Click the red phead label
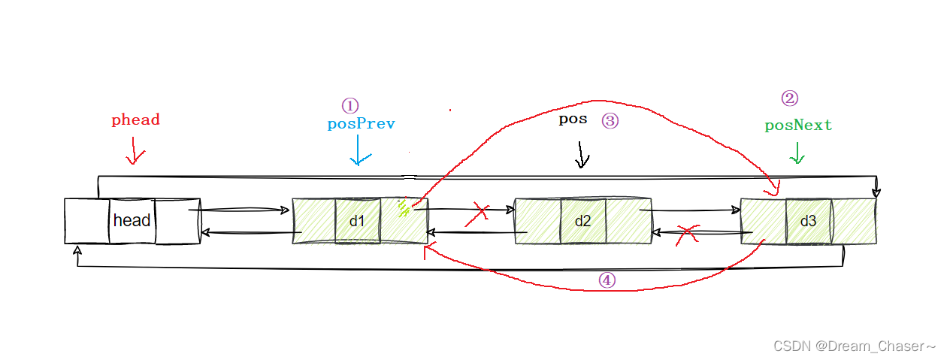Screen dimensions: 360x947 (135, 119)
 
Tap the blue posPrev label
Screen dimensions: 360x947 (361, 124)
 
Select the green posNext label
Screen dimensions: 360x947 (798, 126)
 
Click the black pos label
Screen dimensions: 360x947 (573, 119)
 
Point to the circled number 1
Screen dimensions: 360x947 (350, 105)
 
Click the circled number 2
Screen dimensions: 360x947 (789, 98)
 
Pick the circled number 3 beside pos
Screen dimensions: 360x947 (610, 120)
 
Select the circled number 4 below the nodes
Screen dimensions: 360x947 (607, 280)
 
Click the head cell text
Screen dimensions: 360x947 (132, 221)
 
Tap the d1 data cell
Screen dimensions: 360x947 (357, 221)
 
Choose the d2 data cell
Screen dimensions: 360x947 (582, 221)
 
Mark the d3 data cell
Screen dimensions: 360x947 (808, 221)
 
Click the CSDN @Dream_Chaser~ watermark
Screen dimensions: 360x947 (854, 346)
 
